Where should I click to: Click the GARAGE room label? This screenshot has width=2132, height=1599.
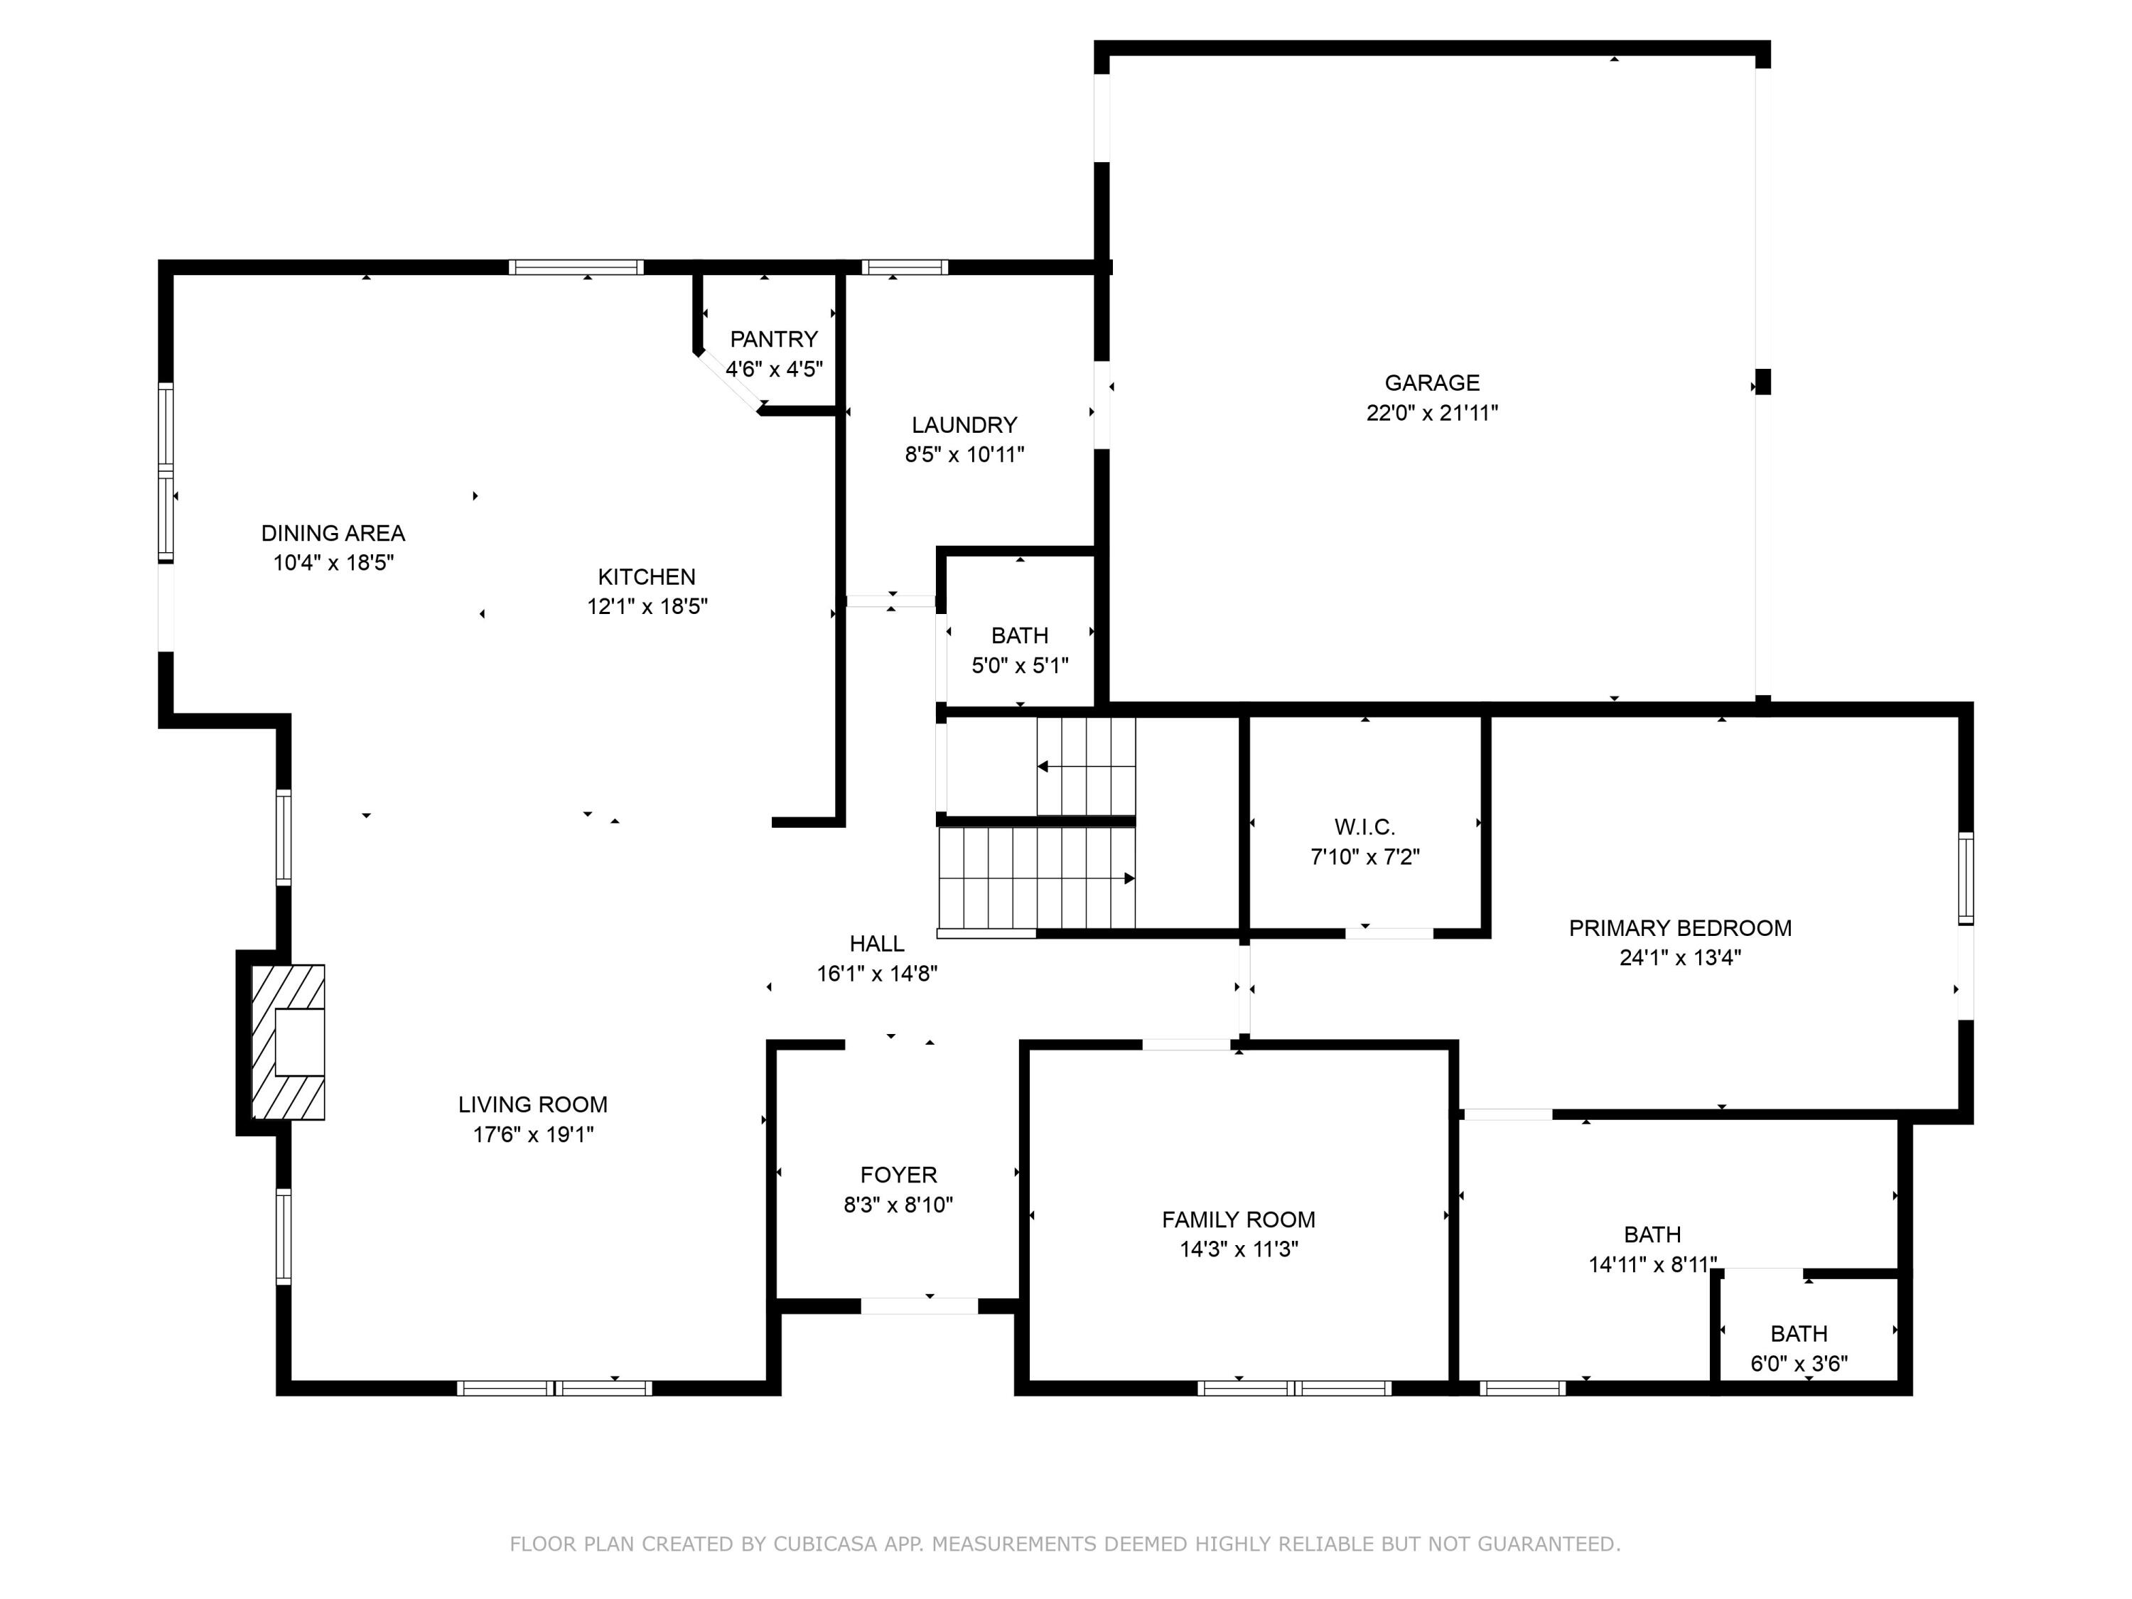[x=1431, y=382]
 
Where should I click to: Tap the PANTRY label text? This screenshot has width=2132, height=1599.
[x=773, y=339]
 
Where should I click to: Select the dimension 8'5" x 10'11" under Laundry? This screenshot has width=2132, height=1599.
[x=964, y=455]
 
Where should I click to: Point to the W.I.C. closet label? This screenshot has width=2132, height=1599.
[x=1364, y=827]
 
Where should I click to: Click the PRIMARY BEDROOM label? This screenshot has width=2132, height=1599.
[x=1680, y=928]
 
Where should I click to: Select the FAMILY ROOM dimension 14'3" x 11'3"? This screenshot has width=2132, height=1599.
[x=1239, y=1249]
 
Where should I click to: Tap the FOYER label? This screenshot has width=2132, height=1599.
[x=898, y=1175]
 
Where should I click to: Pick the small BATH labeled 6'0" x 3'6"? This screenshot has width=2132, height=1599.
[x=1799, y=1334]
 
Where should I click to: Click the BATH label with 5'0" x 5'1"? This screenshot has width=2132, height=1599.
[x=1019, y=636]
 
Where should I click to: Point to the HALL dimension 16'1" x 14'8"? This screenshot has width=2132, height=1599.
[x=877, y=974]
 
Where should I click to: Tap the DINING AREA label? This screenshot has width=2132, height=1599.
[x=333, y=533]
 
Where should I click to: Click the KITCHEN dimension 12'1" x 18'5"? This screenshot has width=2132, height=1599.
[x=647, y=606]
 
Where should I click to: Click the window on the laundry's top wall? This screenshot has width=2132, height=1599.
[x=904, y=268]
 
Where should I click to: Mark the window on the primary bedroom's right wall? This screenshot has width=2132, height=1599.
[x=1965, y=878]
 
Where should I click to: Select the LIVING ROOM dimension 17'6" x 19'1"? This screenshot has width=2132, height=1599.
[x=532, y=1134]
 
